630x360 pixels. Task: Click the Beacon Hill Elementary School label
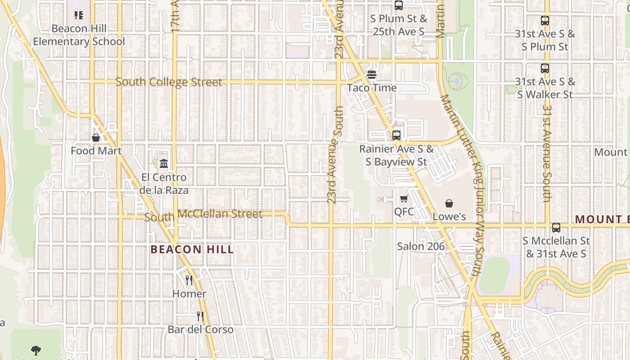tap(79, 35)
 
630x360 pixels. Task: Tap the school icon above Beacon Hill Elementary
tap(79, 15)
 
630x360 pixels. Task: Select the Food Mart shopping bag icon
tap(96, 138)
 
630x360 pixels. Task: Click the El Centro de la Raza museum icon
tap(164, 163)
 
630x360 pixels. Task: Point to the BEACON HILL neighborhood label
tap(192, 249)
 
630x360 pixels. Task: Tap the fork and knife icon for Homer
tap(189, 280)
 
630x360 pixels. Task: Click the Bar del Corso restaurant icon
tap(200, 316)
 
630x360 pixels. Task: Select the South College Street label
tap(169, 82)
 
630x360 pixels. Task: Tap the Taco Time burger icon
tap(372, 75)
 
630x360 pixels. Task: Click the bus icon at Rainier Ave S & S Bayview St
tap(396, 135)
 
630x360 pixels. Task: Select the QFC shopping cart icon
tap(404, 199)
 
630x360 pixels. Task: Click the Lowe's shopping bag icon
tap(449, 204)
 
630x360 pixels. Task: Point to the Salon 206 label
tap(421, 246)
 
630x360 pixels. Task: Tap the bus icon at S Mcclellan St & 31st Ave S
tap(556, 228)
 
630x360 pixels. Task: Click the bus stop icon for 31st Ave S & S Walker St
tap(545, 68)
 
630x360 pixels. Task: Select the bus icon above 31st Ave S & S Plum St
tap(545, 21)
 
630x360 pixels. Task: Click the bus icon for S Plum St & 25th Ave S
tap(399, 5)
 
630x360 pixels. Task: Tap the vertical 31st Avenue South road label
tap(547, 153)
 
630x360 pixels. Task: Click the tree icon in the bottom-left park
tap(36, 350)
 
